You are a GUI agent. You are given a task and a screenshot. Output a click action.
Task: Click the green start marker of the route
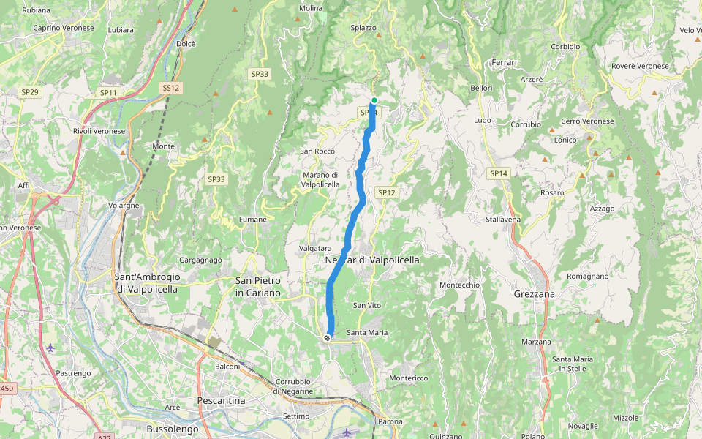(x=374, y=100)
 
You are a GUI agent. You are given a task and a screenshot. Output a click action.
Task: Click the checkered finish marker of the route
(x=327, y=337)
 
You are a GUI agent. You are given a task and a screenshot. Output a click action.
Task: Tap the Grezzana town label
(x=534, y=293)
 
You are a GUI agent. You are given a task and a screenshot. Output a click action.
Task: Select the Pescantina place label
(x=220, y=401)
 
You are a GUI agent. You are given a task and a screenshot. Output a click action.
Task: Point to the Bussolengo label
(x=173, y=429)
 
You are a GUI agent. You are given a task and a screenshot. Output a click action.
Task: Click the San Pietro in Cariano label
(x=257, y=286)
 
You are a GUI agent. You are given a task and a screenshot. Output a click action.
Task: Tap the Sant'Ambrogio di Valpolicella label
(x=146, y=282)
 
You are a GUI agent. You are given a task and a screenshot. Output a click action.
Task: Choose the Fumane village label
(x=253, y=219)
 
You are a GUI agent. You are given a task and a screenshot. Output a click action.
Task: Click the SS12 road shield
(x=170, y=88)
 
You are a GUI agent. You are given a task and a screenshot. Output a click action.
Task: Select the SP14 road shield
(x=499, y=173)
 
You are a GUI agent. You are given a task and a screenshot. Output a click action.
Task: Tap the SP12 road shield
(x=387, y=192)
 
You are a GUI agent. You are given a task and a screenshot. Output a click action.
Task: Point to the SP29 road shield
(x=29, y=92)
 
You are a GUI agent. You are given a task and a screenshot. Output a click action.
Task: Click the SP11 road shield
(x=108, y=93)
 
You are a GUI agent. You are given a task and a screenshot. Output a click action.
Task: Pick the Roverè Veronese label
(x=640, y=66)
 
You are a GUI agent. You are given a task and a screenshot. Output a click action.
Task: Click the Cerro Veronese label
(x=587, y=121)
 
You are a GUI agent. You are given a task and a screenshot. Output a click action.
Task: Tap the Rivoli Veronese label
(x=99, y=131)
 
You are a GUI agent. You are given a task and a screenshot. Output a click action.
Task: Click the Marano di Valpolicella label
(x=321, y=180)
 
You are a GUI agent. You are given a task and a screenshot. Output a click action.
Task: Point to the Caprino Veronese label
(x=64, y=28)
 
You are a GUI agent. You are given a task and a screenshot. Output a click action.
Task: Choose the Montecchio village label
(x=459, y=285)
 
